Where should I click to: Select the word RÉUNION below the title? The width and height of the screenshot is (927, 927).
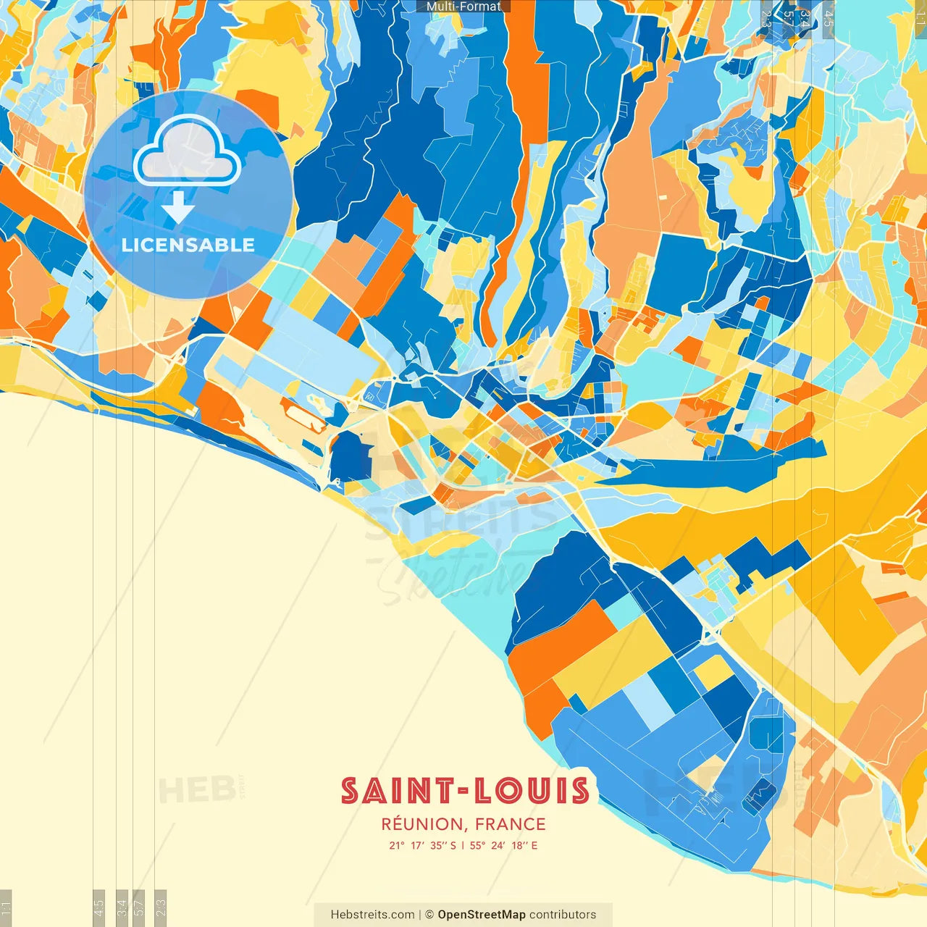coord(421,824)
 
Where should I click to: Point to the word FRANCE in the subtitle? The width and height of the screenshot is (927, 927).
coord(511,824)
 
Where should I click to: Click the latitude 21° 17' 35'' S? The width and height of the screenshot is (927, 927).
coord(422,845)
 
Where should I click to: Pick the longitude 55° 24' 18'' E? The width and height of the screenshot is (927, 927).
coord(503,845)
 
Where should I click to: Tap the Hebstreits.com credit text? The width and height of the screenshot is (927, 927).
coord(372,915)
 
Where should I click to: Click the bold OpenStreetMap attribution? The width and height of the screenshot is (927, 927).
coord(481,915)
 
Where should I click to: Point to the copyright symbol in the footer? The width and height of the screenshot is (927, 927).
coord(429,915)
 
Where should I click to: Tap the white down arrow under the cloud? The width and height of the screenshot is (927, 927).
coord(178,209)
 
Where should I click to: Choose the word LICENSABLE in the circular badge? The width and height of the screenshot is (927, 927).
coord(188,245)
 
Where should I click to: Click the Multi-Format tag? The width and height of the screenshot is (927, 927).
coord(463,7)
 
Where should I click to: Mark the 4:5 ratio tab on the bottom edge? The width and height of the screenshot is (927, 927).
coord(98,907)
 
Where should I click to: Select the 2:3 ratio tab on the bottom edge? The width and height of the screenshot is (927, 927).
coord(161,907)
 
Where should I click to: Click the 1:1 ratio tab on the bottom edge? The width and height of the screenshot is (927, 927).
coord(6,907)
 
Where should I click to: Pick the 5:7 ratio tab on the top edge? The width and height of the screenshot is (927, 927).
coord(788,17)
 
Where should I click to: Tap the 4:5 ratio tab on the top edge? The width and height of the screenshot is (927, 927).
coord(829,17)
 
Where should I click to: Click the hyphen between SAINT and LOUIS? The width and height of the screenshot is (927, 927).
coord(463,792)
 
